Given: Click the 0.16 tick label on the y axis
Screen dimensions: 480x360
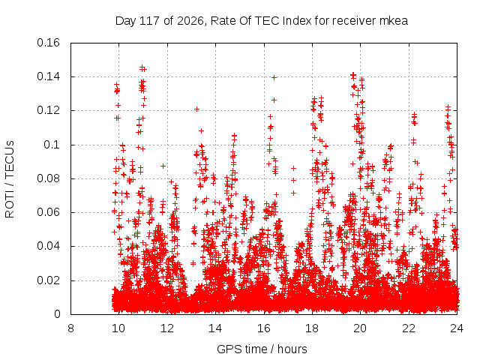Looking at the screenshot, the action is [48, 43].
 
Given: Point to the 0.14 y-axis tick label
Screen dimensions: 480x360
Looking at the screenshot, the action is [48, 76].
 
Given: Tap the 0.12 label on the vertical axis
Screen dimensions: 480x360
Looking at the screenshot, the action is [48, 110].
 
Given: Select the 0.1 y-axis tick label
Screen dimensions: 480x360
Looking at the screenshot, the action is [52, 145].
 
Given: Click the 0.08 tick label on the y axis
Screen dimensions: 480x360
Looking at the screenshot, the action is [48, 178].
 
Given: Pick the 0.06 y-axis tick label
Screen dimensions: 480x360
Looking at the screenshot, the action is [48, 212].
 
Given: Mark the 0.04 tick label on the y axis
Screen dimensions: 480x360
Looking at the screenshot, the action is [48, 246].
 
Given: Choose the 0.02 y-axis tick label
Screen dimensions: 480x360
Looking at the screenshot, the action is [48, 280].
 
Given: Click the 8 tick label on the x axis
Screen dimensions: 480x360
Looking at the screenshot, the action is [70, 328].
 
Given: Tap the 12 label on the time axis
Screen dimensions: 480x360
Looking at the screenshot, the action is [167, 328].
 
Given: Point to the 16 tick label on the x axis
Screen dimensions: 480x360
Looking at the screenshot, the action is [264, 328].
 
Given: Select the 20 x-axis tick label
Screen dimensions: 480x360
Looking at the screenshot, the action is [360, 328].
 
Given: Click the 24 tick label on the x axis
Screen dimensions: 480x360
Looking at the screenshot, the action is [457, 328].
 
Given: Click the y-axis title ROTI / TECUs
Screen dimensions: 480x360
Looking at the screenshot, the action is [10, 179].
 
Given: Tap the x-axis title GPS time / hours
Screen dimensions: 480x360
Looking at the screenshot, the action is [262, 349].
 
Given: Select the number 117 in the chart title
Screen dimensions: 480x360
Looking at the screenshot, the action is [149, 21].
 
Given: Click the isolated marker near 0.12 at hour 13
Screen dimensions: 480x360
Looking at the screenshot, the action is [196, 109].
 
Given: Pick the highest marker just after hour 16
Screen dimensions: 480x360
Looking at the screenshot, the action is [274, 78].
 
